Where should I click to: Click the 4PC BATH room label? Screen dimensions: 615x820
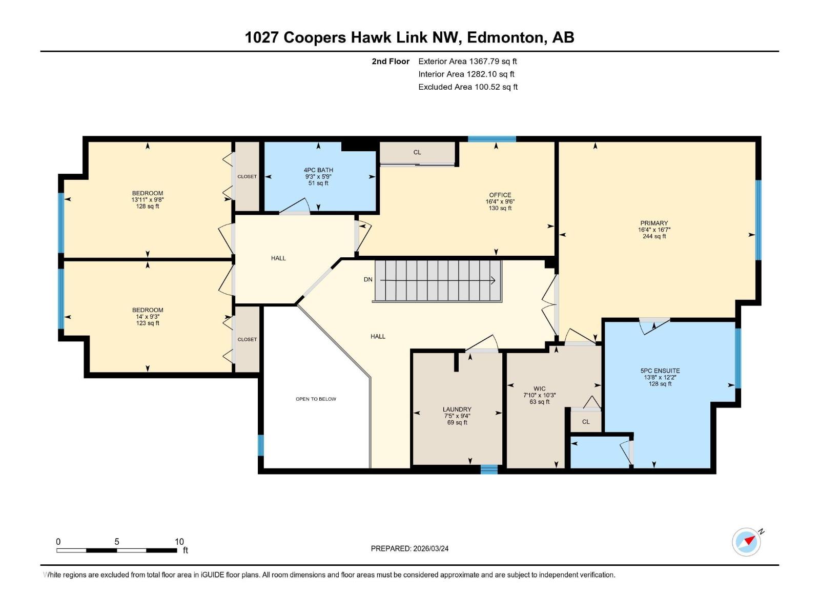[318, 170]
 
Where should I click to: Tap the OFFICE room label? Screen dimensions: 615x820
[500, 195]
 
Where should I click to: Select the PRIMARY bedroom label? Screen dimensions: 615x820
[654, 223]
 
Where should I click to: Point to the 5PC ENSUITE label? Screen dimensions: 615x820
[660, 371]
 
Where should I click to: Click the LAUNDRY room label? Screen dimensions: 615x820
[457, 410]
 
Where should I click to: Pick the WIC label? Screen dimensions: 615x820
[539, 389]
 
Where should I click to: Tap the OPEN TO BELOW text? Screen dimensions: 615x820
[316, 399]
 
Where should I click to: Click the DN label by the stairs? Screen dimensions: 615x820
[368, 280]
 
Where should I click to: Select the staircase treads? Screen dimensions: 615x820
[438, 280]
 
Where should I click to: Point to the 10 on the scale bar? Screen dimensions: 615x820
[179, 542]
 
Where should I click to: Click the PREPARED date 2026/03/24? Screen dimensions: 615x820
[430, 548]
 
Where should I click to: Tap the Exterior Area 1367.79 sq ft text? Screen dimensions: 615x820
[467, 61]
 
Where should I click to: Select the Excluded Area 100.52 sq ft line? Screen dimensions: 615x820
[467, 87]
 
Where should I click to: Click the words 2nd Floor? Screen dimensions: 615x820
[391, 61]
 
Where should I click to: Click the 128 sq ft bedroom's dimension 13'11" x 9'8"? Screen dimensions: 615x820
[148, 200]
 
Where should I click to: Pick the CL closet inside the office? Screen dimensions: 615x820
[417, 152]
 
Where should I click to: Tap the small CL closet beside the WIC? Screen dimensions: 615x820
[586, 422]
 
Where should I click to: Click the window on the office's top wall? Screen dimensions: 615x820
[491, 139]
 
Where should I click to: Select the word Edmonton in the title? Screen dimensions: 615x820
[506, 37]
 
